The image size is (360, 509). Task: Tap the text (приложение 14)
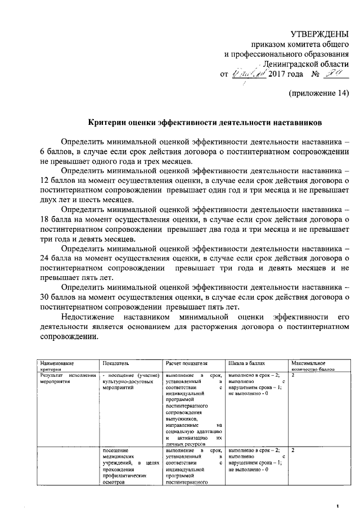(319, 92)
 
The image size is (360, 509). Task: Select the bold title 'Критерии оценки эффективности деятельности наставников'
(206, 121)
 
